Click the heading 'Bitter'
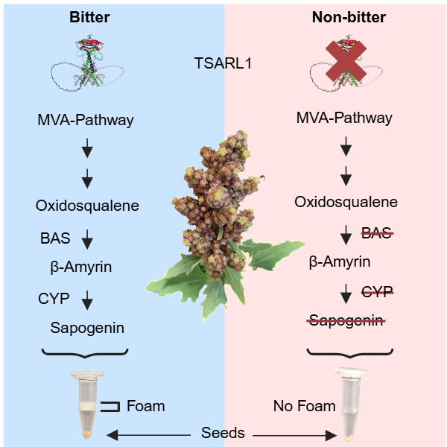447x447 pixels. (x=89, y=16)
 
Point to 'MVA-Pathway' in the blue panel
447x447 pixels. (x=86, y=119)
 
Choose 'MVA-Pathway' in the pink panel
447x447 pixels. (x=344, y=118)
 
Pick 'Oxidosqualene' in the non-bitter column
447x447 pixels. (x=346, y=202)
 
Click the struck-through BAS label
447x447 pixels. (x=375, y=232)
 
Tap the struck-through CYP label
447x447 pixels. (x=376, y=291)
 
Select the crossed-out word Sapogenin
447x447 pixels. (x=346, y=321)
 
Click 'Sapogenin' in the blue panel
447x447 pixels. (x=87, y=327)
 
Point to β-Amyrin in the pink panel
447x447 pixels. (x=340, y=262)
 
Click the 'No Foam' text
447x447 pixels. (x=303, y=407)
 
